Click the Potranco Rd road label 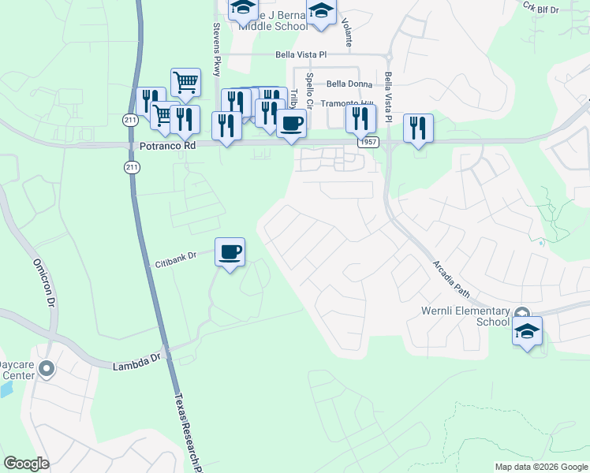(x=167, y=146)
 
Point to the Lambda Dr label (x=136, y=367)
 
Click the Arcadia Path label (x=452, y=280)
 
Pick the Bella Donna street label (x=348, y=84)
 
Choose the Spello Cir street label (x=310, y=92)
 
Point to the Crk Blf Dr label (x=540, y=7)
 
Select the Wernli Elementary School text (x=472, y=316)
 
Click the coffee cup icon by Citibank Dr (x=230, y=252)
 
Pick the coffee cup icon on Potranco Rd (x=291, y=124)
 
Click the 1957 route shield (x=367, y=142)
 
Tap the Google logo (x=26, y=464)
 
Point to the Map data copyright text (x=540, y=467)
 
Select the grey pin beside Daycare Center (x=47, y=368)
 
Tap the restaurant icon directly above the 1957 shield (x=360, y=118)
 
